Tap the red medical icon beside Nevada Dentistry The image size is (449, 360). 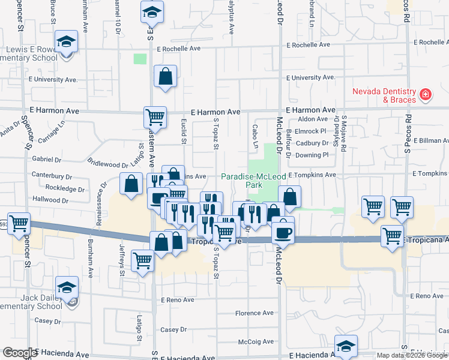click(x=425, y=95)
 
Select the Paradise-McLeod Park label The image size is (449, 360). click(x=250, y=181)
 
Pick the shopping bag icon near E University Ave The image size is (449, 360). click(x=165, y=76)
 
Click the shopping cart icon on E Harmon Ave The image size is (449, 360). click(x=154, y=116)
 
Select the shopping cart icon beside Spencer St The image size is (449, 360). click(x=19, y=223)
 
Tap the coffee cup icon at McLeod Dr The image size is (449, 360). click(x=283, y=232)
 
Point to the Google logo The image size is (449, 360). click(x=19, y=352)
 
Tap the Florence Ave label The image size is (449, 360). click(x=254, y=313)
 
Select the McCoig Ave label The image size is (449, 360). click(x=256, y=342)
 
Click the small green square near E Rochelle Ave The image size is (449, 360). click(x=140, y=59)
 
